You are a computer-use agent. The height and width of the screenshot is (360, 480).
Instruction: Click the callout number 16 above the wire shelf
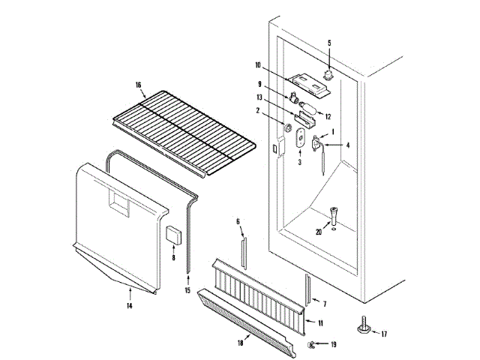point(139,85)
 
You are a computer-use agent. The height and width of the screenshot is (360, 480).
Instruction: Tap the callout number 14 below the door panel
point(130,306)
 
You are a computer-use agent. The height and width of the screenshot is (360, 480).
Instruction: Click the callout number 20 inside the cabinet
point(318,232)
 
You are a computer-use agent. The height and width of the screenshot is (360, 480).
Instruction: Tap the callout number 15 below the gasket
point(188,290)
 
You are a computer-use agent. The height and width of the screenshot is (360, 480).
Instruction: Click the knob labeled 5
point(328,73)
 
